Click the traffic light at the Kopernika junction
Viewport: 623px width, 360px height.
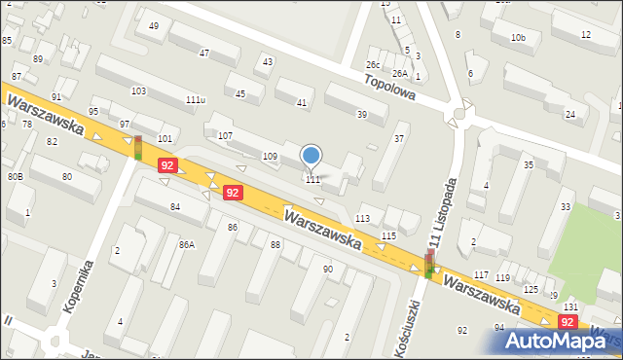(137, 147)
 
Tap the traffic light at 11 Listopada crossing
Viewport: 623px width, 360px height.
(429, 263)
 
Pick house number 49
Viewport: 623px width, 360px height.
(154, 25)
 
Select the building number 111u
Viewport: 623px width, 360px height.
(196, 99)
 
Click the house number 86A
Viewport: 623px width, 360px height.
(186, 244)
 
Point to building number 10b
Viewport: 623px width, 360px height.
(518, 38)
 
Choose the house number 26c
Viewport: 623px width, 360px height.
(373, 64)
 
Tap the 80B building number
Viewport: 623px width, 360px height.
(16, 177)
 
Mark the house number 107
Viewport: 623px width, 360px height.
(225, 134)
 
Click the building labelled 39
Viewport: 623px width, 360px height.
(361, 115)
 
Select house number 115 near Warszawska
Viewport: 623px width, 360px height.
(388, 236)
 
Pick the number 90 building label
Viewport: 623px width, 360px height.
(328, 269)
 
